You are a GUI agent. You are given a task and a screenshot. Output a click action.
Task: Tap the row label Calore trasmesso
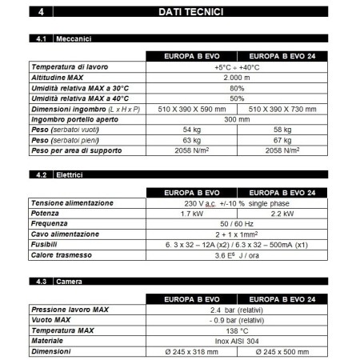point(60,255)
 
